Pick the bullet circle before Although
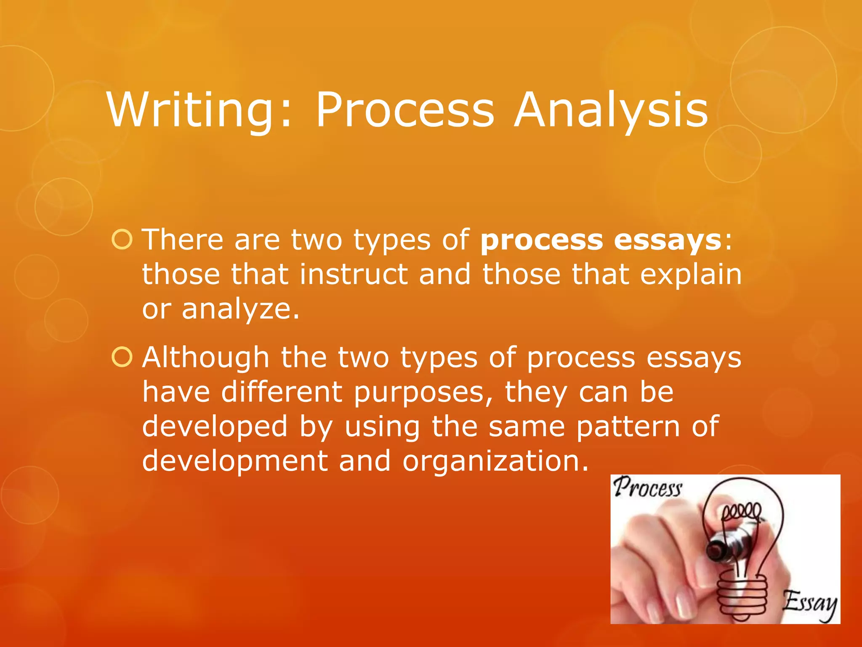(x=122, y=357)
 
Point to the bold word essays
(x=668, y=240)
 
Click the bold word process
(x=542, y=241)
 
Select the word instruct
(x=354, y=274)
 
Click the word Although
(x=205, y=357)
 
